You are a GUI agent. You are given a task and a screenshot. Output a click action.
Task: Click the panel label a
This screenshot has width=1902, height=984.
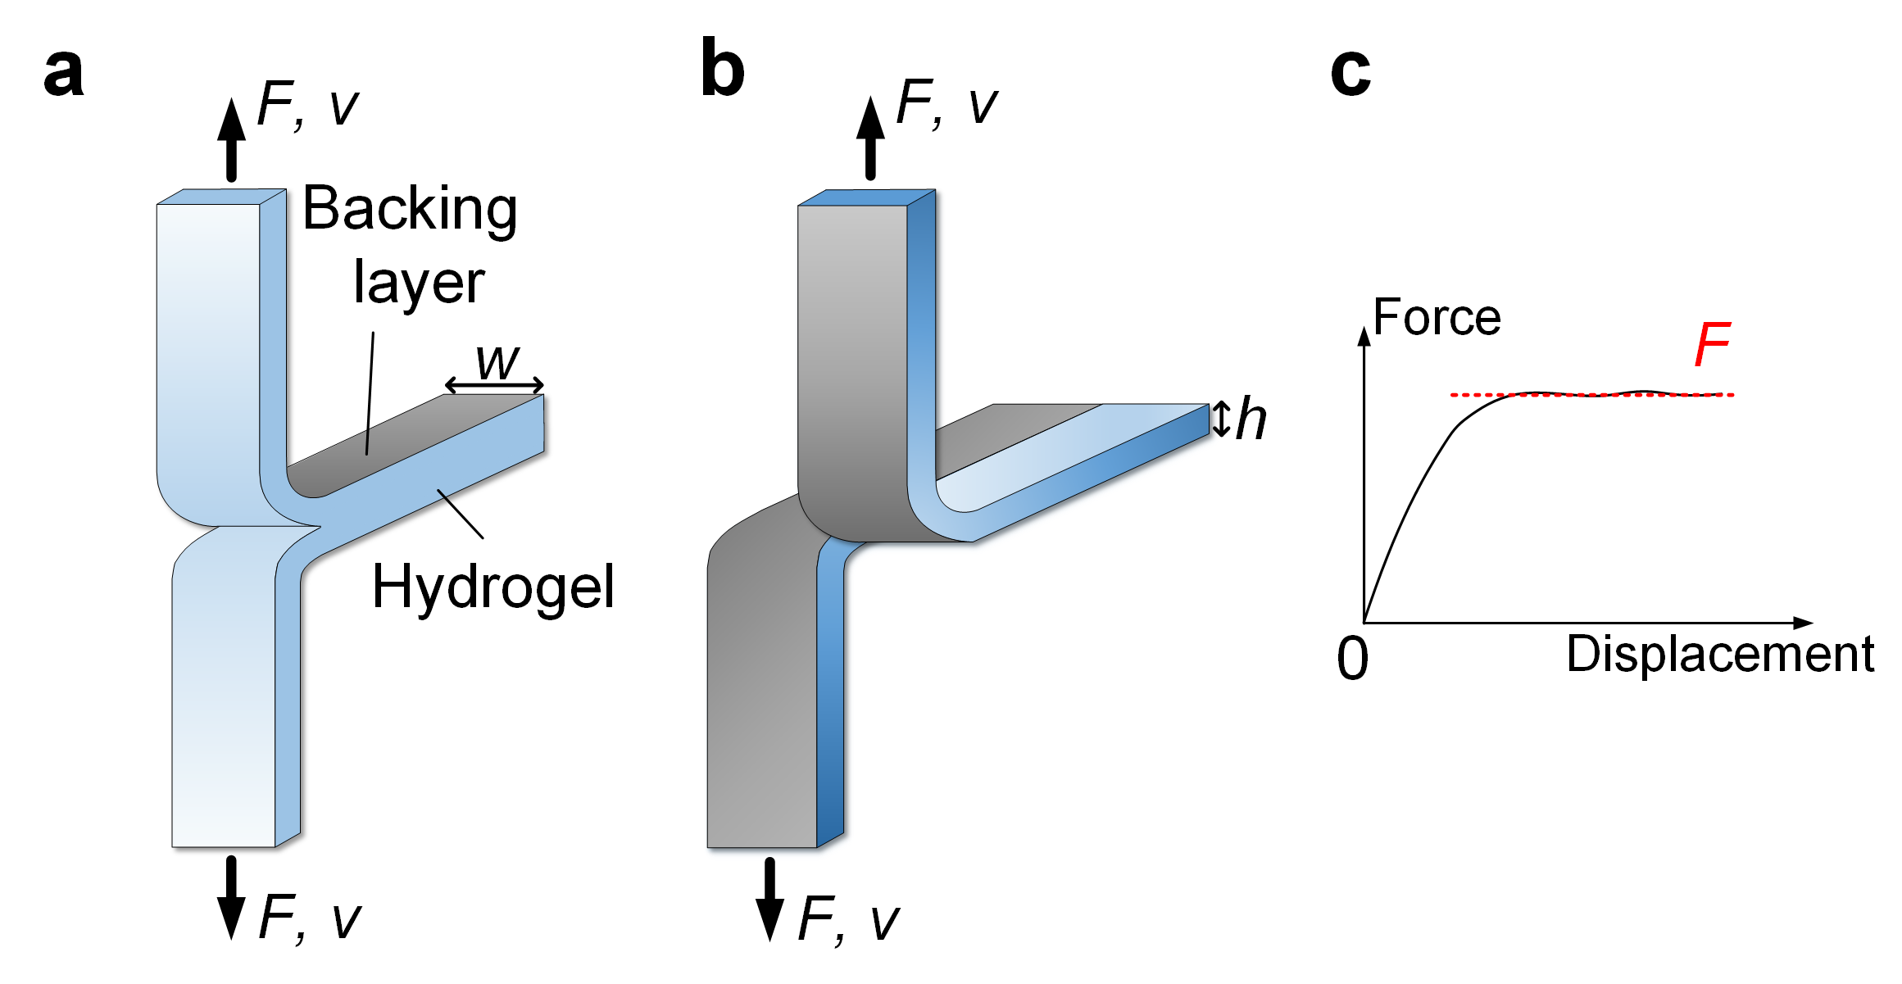[64, 72]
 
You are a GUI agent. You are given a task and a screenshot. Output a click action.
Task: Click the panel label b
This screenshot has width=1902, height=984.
[722, 70]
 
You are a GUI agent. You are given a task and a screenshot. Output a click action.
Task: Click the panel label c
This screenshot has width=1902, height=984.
[1350, 72]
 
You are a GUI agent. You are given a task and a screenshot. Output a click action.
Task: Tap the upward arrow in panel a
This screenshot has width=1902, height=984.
[232, 139]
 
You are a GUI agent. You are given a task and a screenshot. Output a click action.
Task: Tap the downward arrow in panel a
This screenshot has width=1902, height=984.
[231, 897]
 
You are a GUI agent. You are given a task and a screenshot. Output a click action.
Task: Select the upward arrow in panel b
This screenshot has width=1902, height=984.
[870, 138]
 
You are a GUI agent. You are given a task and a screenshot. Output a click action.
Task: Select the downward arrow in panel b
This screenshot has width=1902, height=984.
[769, 899]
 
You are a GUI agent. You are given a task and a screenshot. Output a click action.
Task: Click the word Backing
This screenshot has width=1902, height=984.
[410, 210]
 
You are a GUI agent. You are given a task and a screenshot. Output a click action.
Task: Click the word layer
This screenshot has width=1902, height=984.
[419, 283]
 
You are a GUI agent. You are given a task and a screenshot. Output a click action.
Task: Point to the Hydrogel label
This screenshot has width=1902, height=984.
[493, 587]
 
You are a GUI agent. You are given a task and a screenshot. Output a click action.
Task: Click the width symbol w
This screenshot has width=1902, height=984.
[497, 361]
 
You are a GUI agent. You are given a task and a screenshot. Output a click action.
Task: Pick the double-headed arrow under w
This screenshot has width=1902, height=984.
[494, 384]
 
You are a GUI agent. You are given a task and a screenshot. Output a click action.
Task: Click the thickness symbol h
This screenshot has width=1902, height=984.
[1251, 419]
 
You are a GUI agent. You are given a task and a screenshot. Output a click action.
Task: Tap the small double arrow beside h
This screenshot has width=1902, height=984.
[1222, 419]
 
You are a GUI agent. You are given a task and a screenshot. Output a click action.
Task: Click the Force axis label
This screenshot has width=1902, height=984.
[1437, 317]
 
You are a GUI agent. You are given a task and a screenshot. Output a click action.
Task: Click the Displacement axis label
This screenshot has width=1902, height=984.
[1720, 654]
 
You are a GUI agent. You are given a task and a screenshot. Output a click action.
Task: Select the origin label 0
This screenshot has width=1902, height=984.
[1352, 659]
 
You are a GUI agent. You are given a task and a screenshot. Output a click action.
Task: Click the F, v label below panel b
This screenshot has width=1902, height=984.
[848, 919]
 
